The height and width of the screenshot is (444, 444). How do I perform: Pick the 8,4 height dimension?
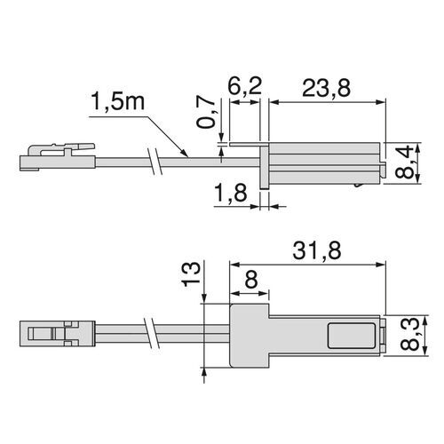pos(410,162)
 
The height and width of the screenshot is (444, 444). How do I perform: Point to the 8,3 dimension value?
pos(410,335)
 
